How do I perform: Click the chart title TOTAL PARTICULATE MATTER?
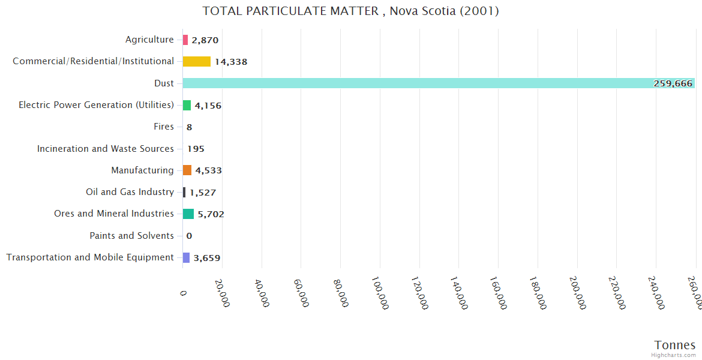click(350, 11)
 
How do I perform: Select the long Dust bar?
click(438, 83)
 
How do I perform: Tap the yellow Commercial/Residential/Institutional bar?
click(197, 61)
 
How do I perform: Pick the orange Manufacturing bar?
click(187, 170)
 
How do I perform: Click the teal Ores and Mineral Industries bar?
click(188, 214)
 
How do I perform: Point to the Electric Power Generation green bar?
click(187, 105)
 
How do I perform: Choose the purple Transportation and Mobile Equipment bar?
click(187, 257)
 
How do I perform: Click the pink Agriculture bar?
click(185, 40)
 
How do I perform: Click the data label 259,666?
click(673, 84)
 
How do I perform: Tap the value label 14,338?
click(231, 62)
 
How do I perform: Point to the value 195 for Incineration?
click(196, 149)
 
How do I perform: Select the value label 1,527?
click(203, 193)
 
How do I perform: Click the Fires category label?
click(164, 127)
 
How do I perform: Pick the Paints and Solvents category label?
click(131, 236)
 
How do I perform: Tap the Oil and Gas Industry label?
click(130, 192)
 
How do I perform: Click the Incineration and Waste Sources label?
click(105, 149)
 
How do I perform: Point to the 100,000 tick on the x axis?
click(380, 293)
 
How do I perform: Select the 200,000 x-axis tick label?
click(578, 293)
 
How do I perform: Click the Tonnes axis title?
click(674, 345)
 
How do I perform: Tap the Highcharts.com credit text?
click(674, 355)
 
